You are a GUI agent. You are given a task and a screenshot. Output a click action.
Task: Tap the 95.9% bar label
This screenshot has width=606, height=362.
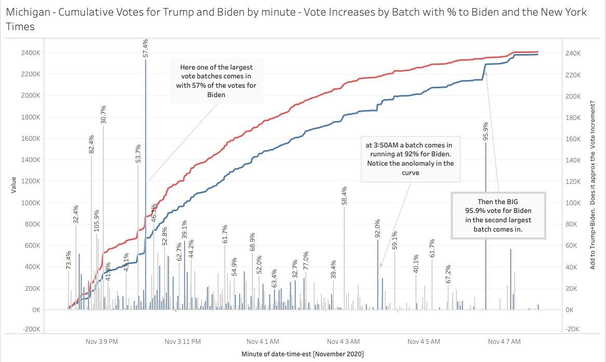[x=486, y=131]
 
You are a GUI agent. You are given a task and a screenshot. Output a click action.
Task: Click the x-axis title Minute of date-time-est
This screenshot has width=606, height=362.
[x=302, y=354]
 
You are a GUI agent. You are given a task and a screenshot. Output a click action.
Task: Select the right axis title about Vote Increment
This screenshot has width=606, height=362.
[x=592, y=184]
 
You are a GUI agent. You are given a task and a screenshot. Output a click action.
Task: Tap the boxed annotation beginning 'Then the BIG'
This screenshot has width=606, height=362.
[x=498, y=215]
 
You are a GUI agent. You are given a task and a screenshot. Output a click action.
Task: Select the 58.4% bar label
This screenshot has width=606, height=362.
[x=344, y=196]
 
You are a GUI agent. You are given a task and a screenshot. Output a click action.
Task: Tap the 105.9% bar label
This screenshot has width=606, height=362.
[x=96, y=220]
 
